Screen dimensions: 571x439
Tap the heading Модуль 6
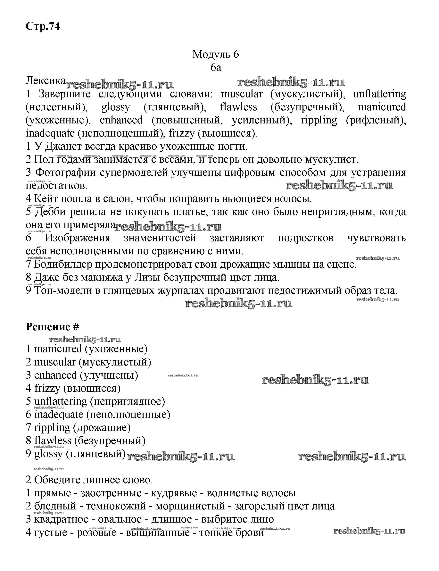216,54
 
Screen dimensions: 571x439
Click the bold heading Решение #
52,327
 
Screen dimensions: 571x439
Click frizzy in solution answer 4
47,388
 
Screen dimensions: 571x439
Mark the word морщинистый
190,506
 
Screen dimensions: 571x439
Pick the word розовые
96,532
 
